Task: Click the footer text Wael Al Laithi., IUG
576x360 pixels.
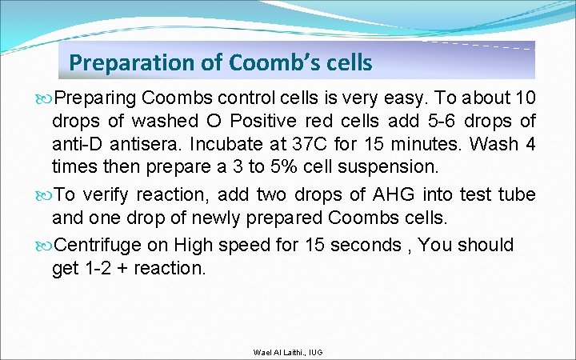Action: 287,353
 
